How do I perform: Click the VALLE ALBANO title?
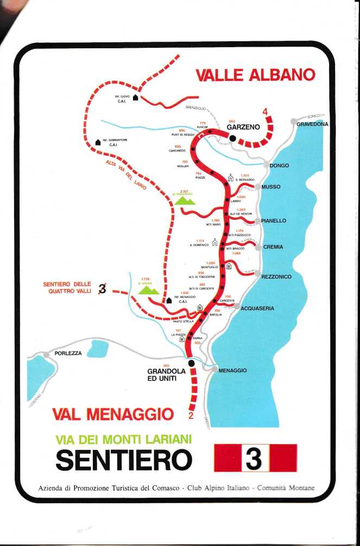pyautogui.click(x=255, y=75)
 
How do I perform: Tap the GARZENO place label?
pyautogui.click(x=243, y=128)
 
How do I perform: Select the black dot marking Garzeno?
pyautogui.click(x=233, y=138)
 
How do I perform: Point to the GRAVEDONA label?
pyautogui.click(x=312, y=124)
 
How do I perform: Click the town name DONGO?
pyautogui.click(x=279, y=166)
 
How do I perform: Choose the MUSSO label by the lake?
pyautogui.click(x=271, y=187)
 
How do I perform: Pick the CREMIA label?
pyautogui.click(x=273, y=247)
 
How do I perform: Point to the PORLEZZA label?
pyautogui.click(x=68, y=353)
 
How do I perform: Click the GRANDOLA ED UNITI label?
pyautogui.click(x=167, y=374)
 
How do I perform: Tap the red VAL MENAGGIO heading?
pyautogui.click(x=112, y=415)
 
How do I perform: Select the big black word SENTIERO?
pyautogui.click(x=124, y=460)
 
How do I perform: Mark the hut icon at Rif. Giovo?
pyautogui.click(x=135, y=98)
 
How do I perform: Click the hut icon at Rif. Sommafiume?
pyautogui.click(x=98, y=142)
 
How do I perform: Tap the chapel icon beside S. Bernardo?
pyautogui.click(x=231, y=178)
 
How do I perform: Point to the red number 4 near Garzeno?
pyautogui.click(x=266, y=113)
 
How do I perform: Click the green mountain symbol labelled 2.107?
pyautogui.click(x=184, y=200)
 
